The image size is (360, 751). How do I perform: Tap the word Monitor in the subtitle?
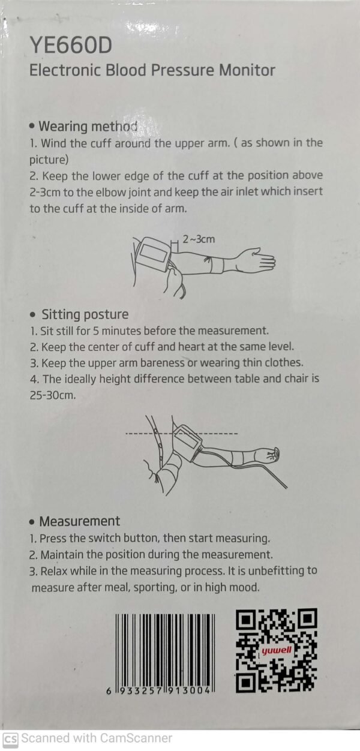tap(247, 70)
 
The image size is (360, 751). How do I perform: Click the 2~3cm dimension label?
tap(199, 239)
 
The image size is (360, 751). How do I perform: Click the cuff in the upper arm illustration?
tap(153, 254)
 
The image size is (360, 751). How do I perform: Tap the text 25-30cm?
tap(53, 395)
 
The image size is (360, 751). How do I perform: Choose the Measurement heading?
tap(80, 521)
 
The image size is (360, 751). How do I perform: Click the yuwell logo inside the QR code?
tap(277, 651)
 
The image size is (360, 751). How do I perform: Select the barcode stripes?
tap(165, 651)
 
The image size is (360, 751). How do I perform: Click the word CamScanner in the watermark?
tap(136, 738)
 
